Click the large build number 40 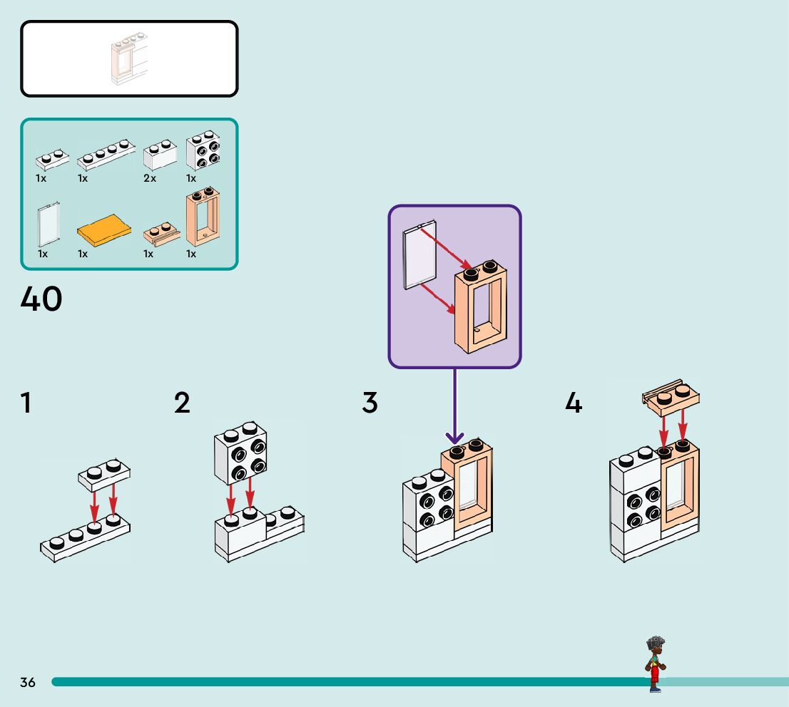tap(41, 299)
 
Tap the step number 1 tap(26, 403)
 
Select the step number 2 tap(183, 403)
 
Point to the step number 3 tap(370, 403)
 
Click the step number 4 tap(574, 403)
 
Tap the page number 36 tap(28, 683)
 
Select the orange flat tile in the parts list tap(104, 229)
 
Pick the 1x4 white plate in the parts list tap(106, 154)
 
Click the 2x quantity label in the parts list tap(150, 179)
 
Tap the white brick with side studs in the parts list tap(203, 149)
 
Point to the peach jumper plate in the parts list tap(162, 233)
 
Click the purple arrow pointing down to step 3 tap(454, 406)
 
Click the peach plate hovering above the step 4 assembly tap(671, 399)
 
